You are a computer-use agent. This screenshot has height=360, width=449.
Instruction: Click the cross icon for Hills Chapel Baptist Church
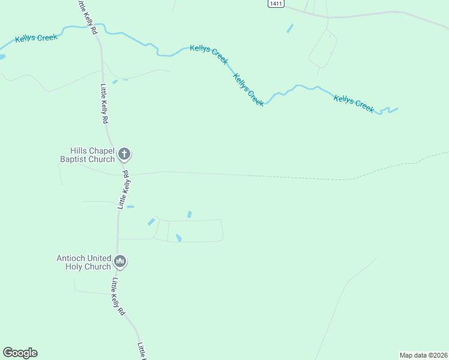[124, 154]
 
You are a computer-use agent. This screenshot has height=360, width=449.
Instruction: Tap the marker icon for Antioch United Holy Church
[121, 262]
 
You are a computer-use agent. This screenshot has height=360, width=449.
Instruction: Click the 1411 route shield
[276, 4]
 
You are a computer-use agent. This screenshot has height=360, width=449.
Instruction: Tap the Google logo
[20, 353]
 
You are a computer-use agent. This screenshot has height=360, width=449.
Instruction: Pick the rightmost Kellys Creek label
[354, 104]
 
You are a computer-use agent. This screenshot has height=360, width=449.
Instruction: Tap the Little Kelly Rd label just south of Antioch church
[117, 296]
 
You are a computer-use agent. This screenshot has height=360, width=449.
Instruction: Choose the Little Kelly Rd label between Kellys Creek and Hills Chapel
[103, 103]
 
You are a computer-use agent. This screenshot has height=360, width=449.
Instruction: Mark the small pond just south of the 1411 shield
[290, 28]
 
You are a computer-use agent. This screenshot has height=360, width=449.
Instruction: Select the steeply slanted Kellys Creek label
[248, 90]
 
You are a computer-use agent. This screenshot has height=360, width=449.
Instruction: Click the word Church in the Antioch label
[98, 266]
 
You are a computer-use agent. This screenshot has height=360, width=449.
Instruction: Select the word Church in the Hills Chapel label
[101, 159]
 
